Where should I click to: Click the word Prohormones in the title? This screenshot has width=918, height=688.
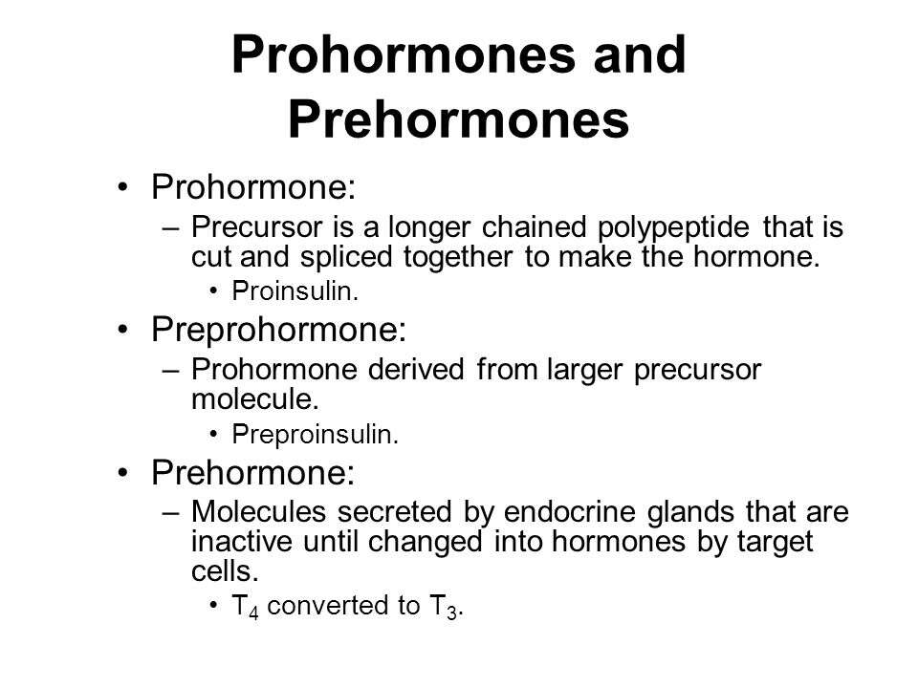click(x=404, y=54)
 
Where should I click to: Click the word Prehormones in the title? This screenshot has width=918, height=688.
click(x=458, y=120)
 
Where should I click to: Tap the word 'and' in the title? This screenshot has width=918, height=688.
click(x=640, y=54)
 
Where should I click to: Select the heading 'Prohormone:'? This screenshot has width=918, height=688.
click(x=253, y=187)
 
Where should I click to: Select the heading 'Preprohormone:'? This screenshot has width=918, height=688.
click(x=278, y=330)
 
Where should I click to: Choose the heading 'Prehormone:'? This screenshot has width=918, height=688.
click(x=252, y=472)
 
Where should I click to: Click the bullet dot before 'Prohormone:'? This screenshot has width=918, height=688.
click(x=122, y=188)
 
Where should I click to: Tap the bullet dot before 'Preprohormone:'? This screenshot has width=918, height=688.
click(x=122, y=330)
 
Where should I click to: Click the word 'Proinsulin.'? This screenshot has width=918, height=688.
click(x=295, y=291)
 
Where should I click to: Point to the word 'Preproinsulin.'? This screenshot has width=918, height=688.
click(x=315, y=435)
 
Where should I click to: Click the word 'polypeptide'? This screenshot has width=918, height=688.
click(x=673, y=228)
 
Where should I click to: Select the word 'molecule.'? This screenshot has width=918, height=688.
click(x=255, y=399)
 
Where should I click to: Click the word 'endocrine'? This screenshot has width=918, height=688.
click(x=570, y=512)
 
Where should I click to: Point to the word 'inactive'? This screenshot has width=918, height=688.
click(x=242, y=542)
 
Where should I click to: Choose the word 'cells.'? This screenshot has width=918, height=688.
click(x=225, y=571)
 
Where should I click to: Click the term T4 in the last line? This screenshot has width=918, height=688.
click(x=245, y=606)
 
